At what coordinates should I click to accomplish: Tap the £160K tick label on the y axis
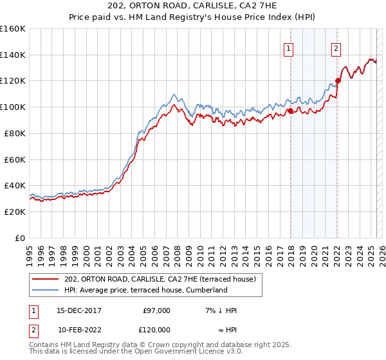[x=13, y=29]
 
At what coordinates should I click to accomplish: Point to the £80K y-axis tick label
[x=15, y=133]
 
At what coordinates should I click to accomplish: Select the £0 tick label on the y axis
[x=21, y=238]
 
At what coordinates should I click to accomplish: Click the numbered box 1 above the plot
[x=289, y=47]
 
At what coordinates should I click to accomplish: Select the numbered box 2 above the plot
[x=336, y=47]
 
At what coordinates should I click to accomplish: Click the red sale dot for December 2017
[x=290, y=111]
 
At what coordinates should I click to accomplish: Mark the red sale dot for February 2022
[x=337, y=81]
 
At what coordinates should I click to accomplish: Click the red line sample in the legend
[x=46, y=279]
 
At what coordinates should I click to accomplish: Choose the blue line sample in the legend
[x=46, y=290]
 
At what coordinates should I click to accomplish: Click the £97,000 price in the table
[x=156, y=311]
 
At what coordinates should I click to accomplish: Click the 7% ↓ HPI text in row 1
[x=220, y=311]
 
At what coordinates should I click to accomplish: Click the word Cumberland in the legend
[x=208, y=290]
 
